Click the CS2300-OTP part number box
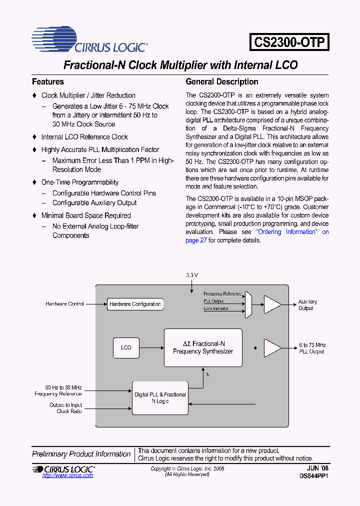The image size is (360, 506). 289,41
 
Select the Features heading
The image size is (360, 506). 48,81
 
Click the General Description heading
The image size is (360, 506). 222,81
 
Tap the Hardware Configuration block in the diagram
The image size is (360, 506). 135,304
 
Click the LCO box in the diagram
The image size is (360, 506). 126,347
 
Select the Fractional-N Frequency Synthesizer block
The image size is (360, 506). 203,347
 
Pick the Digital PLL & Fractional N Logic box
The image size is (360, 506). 160,398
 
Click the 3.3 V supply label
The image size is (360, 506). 192,275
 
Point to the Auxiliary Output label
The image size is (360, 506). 307,305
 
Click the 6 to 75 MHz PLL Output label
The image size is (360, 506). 312,348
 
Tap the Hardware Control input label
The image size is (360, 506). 64,304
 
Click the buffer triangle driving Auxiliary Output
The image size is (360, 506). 272,304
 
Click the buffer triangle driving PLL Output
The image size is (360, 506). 272,348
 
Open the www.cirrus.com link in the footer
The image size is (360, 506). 67,475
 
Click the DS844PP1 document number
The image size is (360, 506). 313,476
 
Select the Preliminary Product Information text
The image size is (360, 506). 81,454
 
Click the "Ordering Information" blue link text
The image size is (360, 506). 287,232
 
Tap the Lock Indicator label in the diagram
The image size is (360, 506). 216,308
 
